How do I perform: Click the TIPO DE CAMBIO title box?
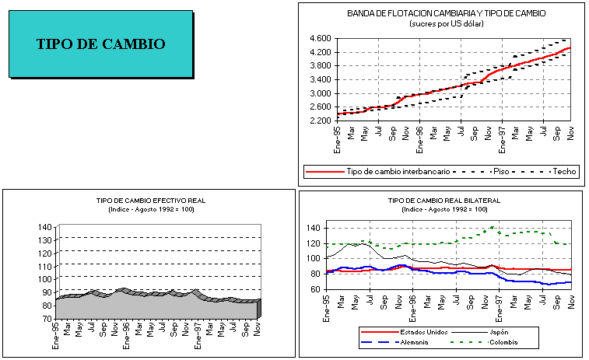coord(101,44)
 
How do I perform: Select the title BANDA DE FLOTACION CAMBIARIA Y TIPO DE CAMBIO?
coord(446,13)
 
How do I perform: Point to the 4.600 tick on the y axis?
coord(321,38)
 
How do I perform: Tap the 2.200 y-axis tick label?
coord(321,121)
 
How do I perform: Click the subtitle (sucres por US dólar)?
coord(446,23)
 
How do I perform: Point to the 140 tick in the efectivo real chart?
coord(44,227)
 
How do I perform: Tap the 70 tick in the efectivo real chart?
coord(45,318)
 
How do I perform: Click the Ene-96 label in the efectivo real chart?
coord(126,332)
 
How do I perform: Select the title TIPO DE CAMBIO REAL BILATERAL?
coord(444,201)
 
